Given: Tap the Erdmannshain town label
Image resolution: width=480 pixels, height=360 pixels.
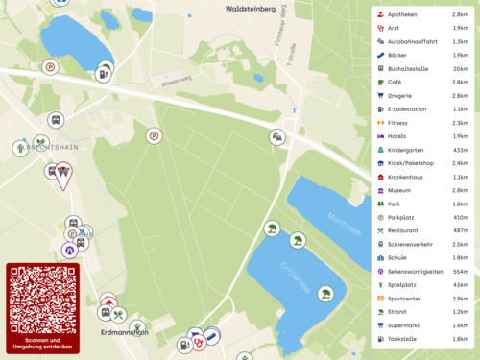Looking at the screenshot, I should point(124,332).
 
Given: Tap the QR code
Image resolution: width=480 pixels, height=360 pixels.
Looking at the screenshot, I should point(43,299).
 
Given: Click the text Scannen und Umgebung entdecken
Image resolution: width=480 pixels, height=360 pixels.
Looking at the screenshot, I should point(43,344).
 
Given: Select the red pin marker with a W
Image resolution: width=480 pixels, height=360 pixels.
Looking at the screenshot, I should point(63,174).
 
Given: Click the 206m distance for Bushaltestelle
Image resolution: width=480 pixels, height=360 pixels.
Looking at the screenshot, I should point(460,69).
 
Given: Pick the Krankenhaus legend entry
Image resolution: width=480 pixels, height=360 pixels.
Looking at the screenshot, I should point(405,177).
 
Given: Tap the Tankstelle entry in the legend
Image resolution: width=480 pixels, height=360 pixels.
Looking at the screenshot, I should point(402,339).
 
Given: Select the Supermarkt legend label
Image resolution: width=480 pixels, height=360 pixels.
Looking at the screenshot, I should point(404,325).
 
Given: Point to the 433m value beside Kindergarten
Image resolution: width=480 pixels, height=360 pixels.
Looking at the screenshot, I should point(460,150).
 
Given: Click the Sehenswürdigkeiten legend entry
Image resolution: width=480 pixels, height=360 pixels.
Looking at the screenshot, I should point(416,272).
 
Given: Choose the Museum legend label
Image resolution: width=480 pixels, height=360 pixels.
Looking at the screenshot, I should point(399,190).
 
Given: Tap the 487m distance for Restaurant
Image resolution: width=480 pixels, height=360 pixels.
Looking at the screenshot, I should point(460,230).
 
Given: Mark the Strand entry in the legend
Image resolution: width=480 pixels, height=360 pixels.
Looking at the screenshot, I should point(398,312).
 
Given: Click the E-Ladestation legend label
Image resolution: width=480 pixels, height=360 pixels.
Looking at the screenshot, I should point(407,109).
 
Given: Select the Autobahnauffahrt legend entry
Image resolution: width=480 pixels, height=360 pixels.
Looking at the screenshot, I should point(414,42).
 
